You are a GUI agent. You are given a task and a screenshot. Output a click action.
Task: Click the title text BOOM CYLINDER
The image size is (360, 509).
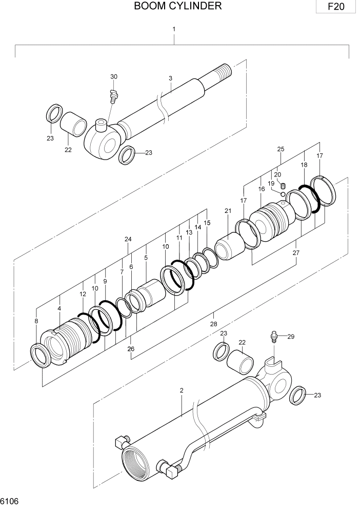178,6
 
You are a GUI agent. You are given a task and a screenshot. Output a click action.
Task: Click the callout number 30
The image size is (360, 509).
114,76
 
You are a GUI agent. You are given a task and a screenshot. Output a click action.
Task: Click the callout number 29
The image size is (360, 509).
290,336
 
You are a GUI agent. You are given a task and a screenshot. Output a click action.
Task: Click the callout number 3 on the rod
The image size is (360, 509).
170,78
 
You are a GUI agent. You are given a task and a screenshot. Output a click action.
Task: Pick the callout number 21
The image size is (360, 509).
228,210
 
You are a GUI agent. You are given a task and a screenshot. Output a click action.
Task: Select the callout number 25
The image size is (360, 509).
281,149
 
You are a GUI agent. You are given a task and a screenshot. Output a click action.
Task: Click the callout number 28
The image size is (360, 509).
213,324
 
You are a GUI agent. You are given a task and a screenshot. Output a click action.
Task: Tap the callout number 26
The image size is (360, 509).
131,349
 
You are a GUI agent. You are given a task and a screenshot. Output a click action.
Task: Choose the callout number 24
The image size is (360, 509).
128,239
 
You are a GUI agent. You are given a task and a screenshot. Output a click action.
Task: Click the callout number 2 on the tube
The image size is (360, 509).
182,390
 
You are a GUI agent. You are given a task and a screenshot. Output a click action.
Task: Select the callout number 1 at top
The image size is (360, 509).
174,29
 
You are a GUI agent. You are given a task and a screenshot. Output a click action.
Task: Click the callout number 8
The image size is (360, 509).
36,321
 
